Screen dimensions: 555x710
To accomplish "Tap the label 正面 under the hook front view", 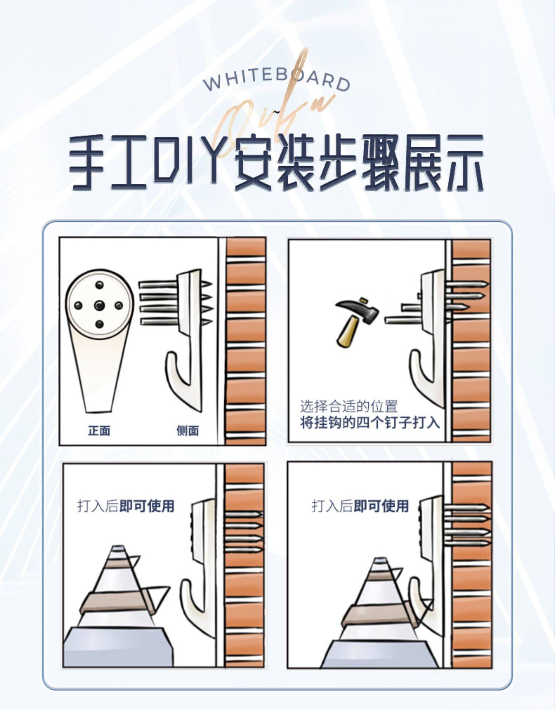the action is click(x=99, y=430).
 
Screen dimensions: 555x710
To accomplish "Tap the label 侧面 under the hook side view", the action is click(x=188, y=430).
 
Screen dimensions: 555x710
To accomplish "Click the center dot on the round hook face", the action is click(x=100, y=304).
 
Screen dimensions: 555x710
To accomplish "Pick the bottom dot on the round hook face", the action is click(x=100, y=324).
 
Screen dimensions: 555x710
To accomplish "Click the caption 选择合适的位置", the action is click(x=349, y=406).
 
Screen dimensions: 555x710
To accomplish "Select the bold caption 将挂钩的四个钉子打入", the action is click(x=370, y=422).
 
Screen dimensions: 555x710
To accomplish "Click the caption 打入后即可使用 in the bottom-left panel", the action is click(x=125, y=506).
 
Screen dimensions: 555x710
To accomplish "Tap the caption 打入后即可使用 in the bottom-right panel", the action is click(x=360, y=506).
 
